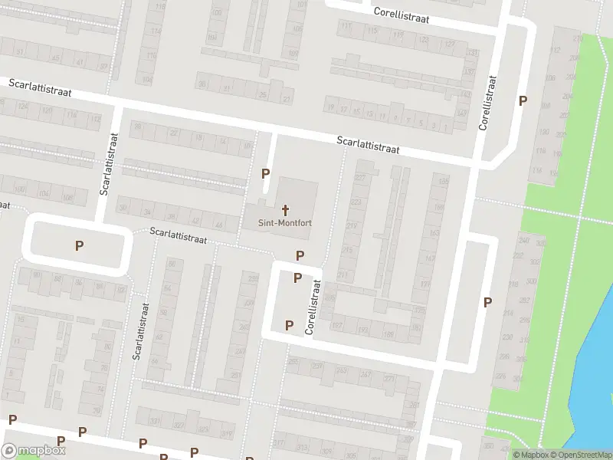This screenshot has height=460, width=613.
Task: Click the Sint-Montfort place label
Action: (284, 223)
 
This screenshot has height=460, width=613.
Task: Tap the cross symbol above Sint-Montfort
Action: (285, 209)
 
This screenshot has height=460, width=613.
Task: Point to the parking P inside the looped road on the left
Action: (78, 246)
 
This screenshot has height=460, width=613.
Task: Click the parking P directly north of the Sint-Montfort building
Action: (266, 174)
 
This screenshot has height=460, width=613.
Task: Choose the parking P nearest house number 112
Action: (523, 100)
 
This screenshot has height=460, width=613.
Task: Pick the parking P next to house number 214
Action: (487, 302)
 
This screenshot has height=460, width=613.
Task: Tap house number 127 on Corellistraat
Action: (449, 44)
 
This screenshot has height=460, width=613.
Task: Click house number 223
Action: (356, 202)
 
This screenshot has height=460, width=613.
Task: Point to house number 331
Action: (156, 421)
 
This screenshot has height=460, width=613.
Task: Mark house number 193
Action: (363, 330)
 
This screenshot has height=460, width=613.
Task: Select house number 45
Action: (55, 59)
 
